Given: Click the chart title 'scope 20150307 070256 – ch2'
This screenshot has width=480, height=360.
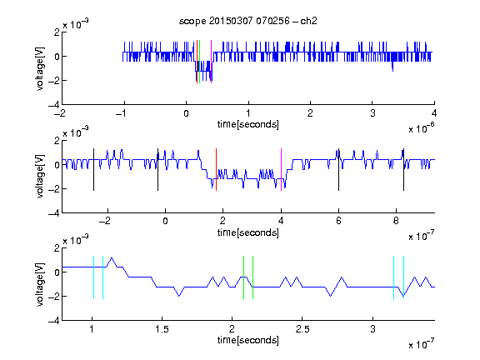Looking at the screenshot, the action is [x=248, y=21].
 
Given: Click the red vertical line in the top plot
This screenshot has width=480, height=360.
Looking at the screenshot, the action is [x=197, y=62].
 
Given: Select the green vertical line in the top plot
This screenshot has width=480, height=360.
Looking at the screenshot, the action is [x=200, y=62].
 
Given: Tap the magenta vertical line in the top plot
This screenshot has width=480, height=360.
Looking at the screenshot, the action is [x=211, y=62].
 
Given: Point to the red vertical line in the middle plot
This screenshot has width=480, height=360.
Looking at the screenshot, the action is [x=216, y=170].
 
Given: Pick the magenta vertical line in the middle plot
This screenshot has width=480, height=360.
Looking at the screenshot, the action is [x=281, y=170].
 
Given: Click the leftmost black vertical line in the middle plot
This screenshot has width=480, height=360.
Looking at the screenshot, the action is [x=93, y=170].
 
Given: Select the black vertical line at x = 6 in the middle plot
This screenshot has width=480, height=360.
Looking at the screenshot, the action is [x=338, y=170].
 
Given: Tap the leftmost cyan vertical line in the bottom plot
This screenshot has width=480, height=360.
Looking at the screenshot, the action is [x=93, y=277].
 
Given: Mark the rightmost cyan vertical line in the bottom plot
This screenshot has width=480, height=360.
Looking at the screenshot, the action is [x=404, y=277].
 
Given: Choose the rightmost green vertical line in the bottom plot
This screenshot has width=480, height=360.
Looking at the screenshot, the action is [x=252, y=277].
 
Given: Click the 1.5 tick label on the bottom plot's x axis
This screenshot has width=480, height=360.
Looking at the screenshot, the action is [x=162, y=329].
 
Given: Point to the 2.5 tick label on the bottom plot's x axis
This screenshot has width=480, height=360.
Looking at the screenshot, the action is [x=302, y=329].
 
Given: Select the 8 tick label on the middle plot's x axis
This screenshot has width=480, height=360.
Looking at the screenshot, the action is [x=396, y=221].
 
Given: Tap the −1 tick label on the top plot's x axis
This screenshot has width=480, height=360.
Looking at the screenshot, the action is [x=121, y=113].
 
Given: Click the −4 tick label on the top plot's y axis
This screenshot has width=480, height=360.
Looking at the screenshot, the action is [x=54, y=105].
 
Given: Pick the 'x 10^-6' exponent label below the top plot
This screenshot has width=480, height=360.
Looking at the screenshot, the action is [x=422, y=128].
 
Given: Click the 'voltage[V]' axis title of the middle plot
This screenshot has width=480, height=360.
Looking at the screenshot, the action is [x=40, y=177].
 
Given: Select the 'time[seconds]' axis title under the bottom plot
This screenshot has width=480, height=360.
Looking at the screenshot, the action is [x=248, y=340].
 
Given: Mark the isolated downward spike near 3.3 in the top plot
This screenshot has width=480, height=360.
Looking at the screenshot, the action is [x=392, y=66].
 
